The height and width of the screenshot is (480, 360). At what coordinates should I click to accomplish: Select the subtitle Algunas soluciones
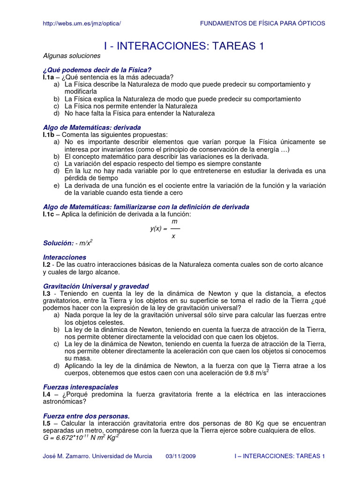click(x=72, y=56)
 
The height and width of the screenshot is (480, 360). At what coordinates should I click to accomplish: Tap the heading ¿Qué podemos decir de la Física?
click(x=97, y=70)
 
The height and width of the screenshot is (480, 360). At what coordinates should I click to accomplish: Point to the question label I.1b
click(x=50, y=135)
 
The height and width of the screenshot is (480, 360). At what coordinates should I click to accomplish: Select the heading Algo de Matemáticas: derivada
click(x=92, y=127)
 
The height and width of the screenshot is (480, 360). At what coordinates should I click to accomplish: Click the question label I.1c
click(x=50, y=214)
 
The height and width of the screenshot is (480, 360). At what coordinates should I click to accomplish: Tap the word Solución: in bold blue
click(x=59, y=243)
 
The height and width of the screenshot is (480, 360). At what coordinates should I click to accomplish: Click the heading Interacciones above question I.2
click(x=65, y=257)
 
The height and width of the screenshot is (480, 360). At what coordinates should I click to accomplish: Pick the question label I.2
click(x=47, y=264)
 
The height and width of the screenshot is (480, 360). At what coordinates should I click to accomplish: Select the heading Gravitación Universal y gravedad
click(x=96, y=286)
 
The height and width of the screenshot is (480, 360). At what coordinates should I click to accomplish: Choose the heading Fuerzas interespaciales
click(x=81, y=387)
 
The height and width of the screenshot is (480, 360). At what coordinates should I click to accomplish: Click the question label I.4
click(x=47, y=394)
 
